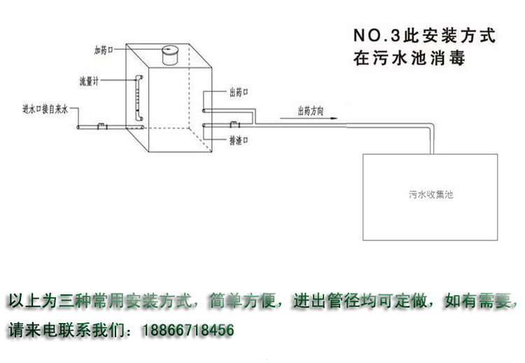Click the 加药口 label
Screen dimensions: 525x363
tap(104, 50)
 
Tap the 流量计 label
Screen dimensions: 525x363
tap(89, 81)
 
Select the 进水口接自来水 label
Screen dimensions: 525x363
tap(45, 109)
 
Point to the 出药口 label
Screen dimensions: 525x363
tap(239, 93)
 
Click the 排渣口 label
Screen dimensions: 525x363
tap(239, 140)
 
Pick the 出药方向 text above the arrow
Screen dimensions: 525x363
tap(311, 111)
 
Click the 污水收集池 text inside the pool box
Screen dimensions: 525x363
tap(431, 194)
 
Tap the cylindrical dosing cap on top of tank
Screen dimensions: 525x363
tap(170, 55)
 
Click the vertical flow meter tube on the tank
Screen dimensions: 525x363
tap(139, 98)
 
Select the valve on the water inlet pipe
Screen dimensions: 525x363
tap(102, 126)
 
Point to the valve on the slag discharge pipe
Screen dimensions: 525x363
tap(234, 124)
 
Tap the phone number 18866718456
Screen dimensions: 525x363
tap(188, 330)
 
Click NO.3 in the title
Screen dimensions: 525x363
tap(377, 36)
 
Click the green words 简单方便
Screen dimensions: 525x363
tap(242, 301)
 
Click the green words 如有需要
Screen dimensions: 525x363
tap(478, 301)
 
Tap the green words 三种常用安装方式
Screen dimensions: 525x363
tap(125, 301)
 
